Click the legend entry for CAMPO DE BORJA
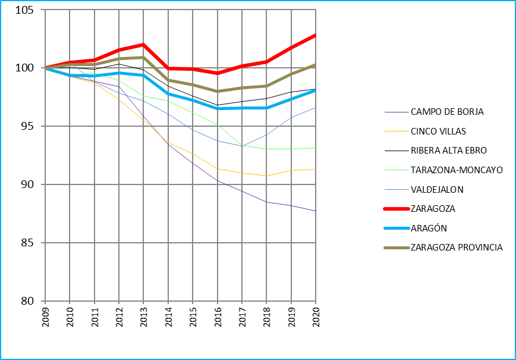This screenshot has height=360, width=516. [447, 111]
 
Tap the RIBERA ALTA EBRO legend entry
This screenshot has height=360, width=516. [448, 151]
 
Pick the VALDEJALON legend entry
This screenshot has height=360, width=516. [437, 189]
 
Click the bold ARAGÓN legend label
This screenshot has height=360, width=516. [429, 228]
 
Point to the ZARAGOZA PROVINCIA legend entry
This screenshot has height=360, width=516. [457, 248]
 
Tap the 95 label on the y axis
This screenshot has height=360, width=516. [31, 126]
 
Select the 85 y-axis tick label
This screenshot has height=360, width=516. [31, 243]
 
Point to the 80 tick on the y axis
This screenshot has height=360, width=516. [31, 301]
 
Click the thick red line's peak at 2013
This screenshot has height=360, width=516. [144, 45]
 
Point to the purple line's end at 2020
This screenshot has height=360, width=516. [316, 211]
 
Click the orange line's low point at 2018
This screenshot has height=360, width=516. [266, 176]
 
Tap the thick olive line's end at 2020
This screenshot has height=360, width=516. [316, 65]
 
